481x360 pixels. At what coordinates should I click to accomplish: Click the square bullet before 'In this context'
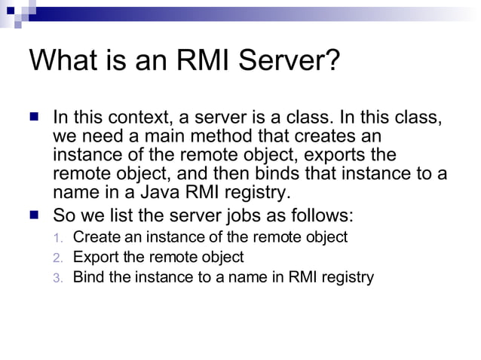(33, 119)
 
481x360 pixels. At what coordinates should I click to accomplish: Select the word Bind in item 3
(87, 276)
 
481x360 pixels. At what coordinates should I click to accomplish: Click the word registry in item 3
(348, 277)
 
